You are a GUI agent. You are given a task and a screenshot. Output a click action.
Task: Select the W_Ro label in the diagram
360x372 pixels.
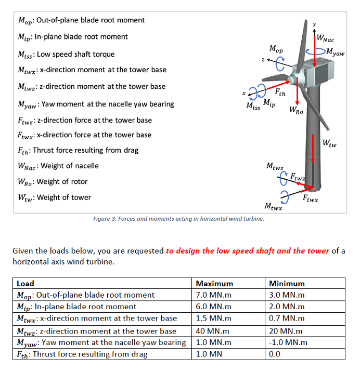click(297, 111)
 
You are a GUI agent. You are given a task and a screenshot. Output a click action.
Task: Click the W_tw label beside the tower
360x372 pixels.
click(329, 143)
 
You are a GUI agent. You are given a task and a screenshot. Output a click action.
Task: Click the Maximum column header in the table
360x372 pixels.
click(214, 284)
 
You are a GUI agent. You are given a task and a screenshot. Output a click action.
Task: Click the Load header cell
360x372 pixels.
click(25, 284)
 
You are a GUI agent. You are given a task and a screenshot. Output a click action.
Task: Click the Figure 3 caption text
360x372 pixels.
click(178, 219)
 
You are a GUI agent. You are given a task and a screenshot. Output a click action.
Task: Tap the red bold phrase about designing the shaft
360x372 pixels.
click(248, 251)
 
